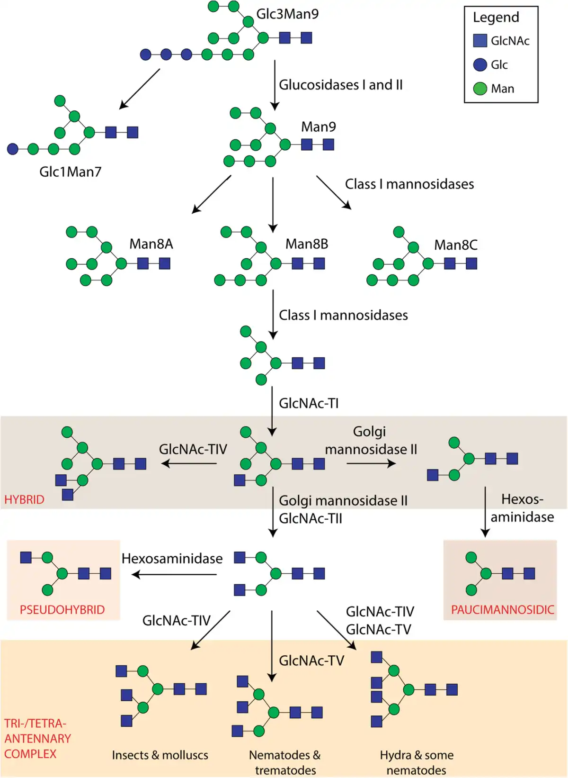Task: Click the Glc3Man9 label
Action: point(287,14)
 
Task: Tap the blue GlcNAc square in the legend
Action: point(480,41)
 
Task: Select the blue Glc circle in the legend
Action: point(480,64)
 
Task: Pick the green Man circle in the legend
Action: point(480,89)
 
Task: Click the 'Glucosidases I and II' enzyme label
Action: point(341,85)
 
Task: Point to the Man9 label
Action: point(319,127)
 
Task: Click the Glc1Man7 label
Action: point(71,172)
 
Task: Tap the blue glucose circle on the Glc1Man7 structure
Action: point(12,149)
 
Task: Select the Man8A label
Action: point(151,244)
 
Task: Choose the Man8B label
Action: point(307,244)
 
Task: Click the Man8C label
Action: point(456,245)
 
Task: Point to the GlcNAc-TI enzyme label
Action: point(309,403)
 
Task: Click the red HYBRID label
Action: point(24,499)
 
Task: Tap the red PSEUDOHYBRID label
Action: point(62,609)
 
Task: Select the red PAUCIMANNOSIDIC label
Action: point(502,609)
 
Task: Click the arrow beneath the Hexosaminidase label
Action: point(174,574)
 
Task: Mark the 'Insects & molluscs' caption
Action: point(160,755)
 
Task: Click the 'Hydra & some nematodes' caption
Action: point(417,762)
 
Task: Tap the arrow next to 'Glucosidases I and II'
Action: point(275,85)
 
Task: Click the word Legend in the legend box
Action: point(496,18)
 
